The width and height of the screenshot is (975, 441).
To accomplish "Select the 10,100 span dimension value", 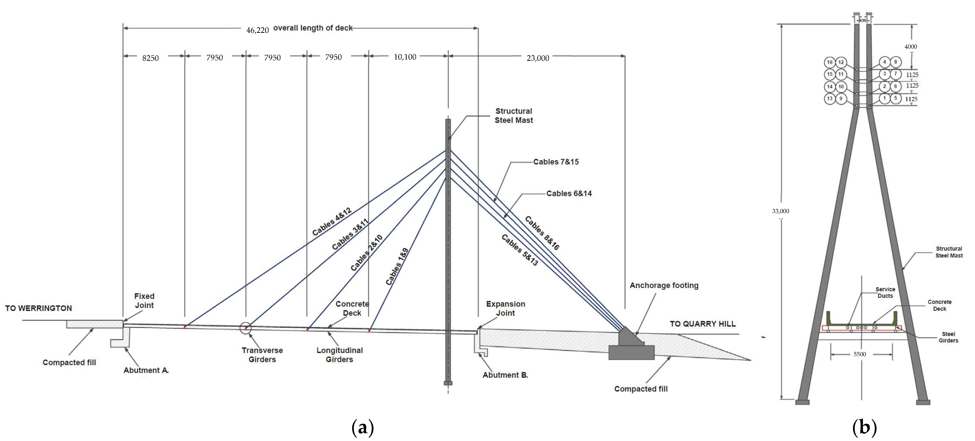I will point(405,57).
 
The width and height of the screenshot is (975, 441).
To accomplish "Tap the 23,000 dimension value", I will point(538,58).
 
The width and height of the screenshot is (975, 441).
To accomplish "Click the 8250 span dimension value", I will point(150,58).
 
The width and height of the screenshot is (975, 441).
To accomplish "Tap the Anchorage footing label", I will point(664,285).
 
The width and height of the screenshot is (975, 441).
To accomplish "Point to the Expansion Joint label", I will point(505,309).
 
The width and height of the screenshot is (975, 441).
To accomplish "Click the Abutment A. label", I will point(146,370).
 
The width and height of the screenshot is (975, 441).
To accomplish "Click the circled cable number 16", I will point(829,62).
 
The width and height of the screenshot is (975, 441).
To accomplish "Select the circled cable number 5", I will point(896,98).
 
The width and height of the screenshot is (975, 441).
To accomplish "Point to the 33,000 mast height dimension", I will point(780,211).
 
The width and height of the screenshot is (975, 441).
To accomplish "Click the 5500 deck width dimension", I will point(860,354).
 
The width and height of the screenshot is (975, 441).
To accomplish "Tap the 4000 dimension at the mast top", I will point(911,47).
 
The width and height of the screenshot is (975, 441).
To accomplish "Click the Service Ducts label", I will point(885,292).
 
